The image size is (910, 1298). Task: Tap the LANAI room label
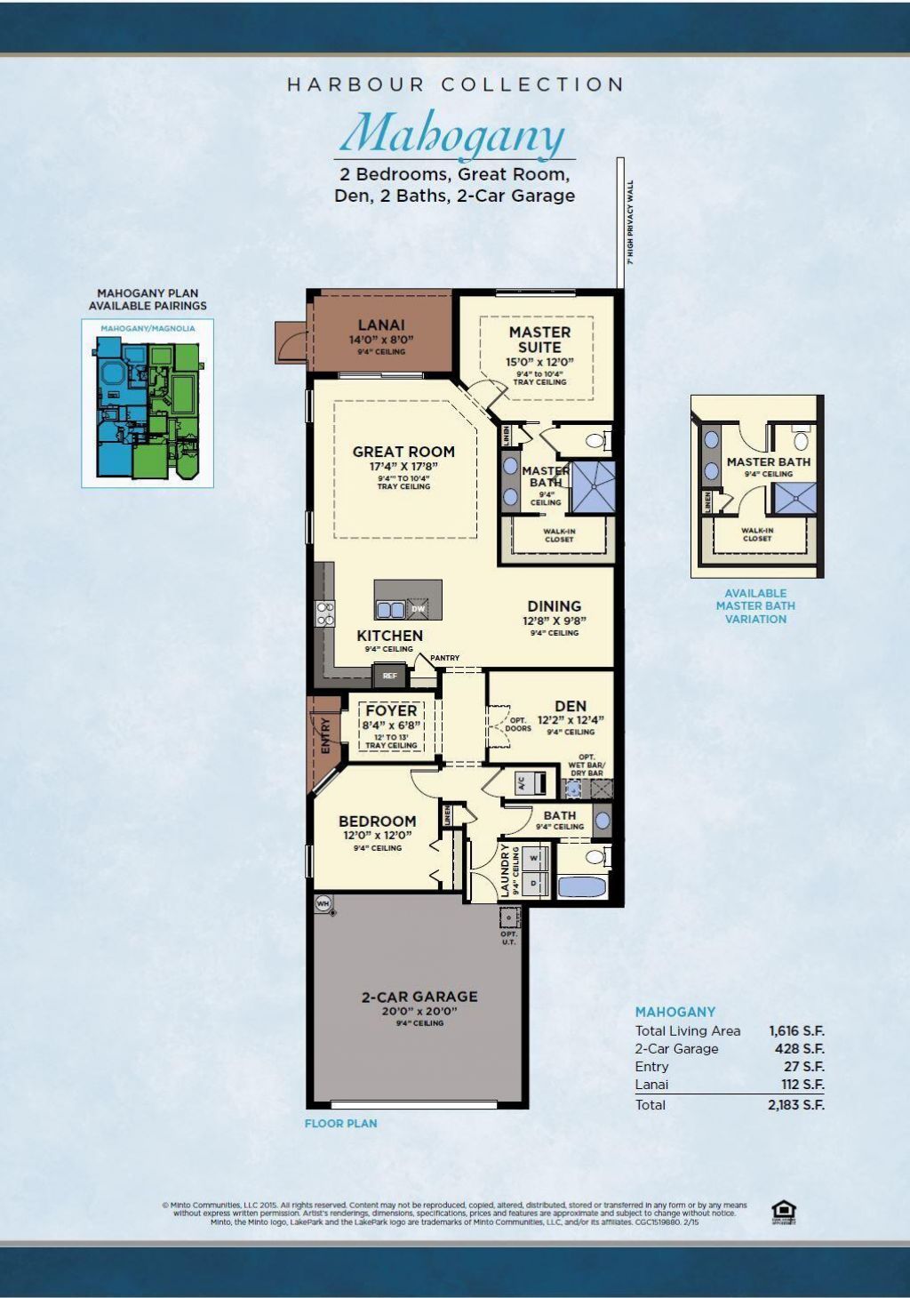381,325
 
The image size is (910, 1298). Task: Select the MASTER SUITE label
539,339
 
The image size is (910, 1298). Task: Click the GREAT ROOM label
403,452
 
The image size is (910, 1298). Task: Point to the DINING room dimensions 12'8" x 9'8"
555,621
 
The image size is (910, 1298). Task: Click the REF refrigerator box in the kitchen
389,676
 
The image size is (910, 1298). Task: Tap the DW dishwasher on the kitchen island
418,609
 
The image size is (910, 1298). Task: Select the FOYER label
391,710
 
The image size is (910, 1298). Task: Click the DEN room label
571,706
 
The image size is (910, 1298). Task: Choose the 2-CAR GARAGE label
419,997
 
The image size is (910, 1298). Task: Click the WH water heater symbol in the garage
323,903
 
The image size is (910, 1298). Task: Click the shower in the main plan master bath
591,487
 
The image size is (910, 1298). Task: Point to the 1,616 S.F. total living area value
796,1031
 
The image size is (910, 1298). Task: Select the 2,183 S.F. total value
796,1105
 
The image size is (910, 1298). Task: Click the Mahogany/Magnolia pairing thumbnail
148,405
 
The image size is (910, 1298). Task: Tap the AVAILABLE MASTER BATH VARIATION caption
755,606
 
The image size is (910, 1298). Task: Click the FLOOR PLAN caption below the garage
340,1124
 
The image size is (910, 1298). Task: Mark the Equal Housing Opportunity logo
784,1212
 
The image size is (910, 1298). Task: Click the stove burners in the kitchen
325,613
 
